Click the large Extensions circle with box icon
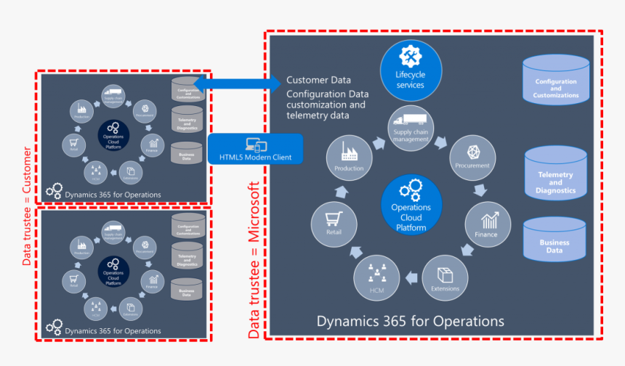pyautogui.click(x=445, y=277)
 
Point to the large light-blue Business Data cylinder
pyautogui.click(x=555, y=241)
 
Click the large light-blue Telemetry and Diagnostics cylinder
pyautogui.click(x=555, y=175)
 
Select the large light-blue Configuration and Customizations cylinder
pyautogui.click(x=555, y=81)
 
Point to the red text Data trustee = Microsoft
pyautogui.click(x=254, y=260)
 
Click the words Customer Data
pyautogui.click(x=318, y=81)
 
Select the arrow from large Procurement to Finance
pyautogui.click(x=480, y=191)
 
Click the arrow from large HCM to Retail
pyautogui.click(x=355, y=252)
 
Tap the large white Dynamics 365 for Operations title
pyautogui.click(x=410, y=320)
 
